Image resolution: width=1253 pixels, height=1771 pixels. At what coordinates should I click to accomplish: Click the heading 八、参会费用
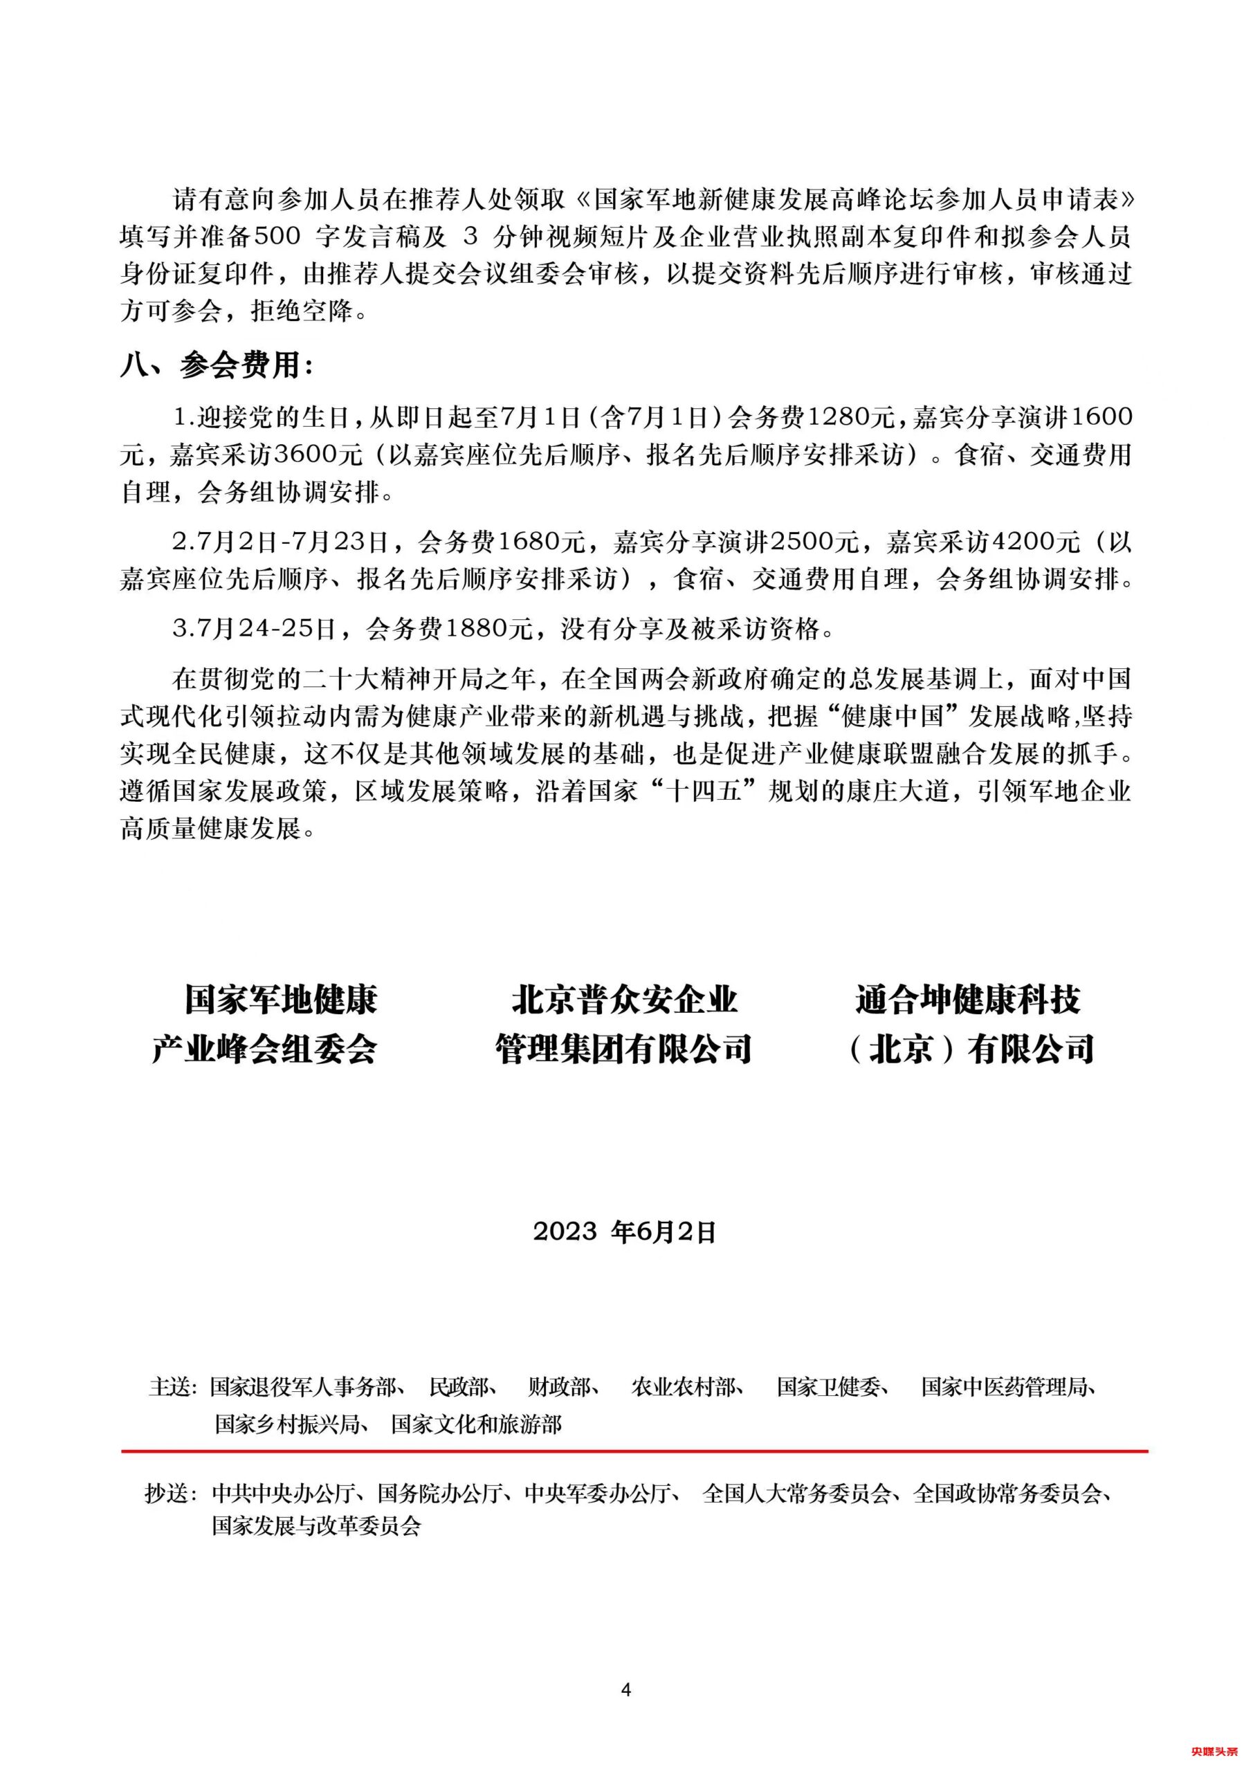tap(217, 365)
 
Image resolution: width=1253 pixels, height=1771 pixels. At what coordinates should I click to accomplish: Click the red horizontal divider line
tap(634, 1451)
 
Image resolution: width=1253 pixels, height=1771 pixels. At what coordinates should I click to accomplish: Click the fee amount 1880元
tap(492, 630)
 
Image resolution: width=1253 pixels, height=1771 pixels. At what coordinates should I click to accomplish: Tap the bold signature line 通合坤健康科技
tap(969, 1000)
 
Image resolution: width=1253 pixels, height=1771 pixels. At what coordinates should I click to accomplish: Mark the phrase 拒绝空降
tap(301, 311)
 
